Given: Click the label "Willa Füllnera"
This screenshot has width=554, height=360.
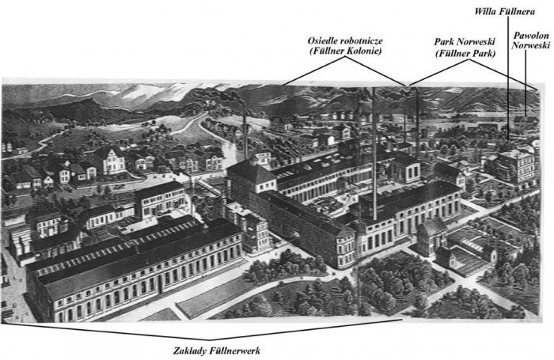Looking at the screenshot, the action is coord(504,11).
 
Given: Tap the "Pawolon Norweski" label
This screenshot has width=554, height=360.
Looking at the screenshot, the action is coord(531,40).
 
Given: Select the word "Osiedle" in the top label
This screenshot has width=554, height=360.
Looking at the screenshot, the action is coord(321,41).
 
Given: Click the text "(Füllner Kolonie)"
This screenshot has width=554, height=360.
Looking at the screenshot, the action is coord(345,51).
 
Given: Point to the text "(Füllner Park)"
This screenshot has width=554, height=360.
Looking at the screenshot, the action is coord(465,54).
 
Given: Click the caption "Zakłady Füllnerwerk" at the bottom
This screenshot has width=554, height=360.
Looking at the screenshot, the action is coord(217,351).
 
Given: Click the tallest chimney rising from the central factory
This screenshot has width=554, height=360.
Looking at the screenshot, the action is coord(374,153).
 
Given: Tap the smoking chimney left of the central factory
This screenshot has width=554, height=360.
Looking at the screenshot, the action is coord(245,131).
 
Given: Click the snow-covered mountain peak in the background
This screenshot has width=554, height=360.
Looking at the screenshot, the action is coord(142,91).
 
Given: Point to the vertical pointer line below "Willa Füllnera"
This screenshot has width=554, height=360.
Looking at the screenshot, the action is coord(508,78).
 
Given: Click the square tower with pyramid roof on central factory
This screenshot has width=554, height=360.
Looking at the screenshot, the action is coord(252,176).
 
